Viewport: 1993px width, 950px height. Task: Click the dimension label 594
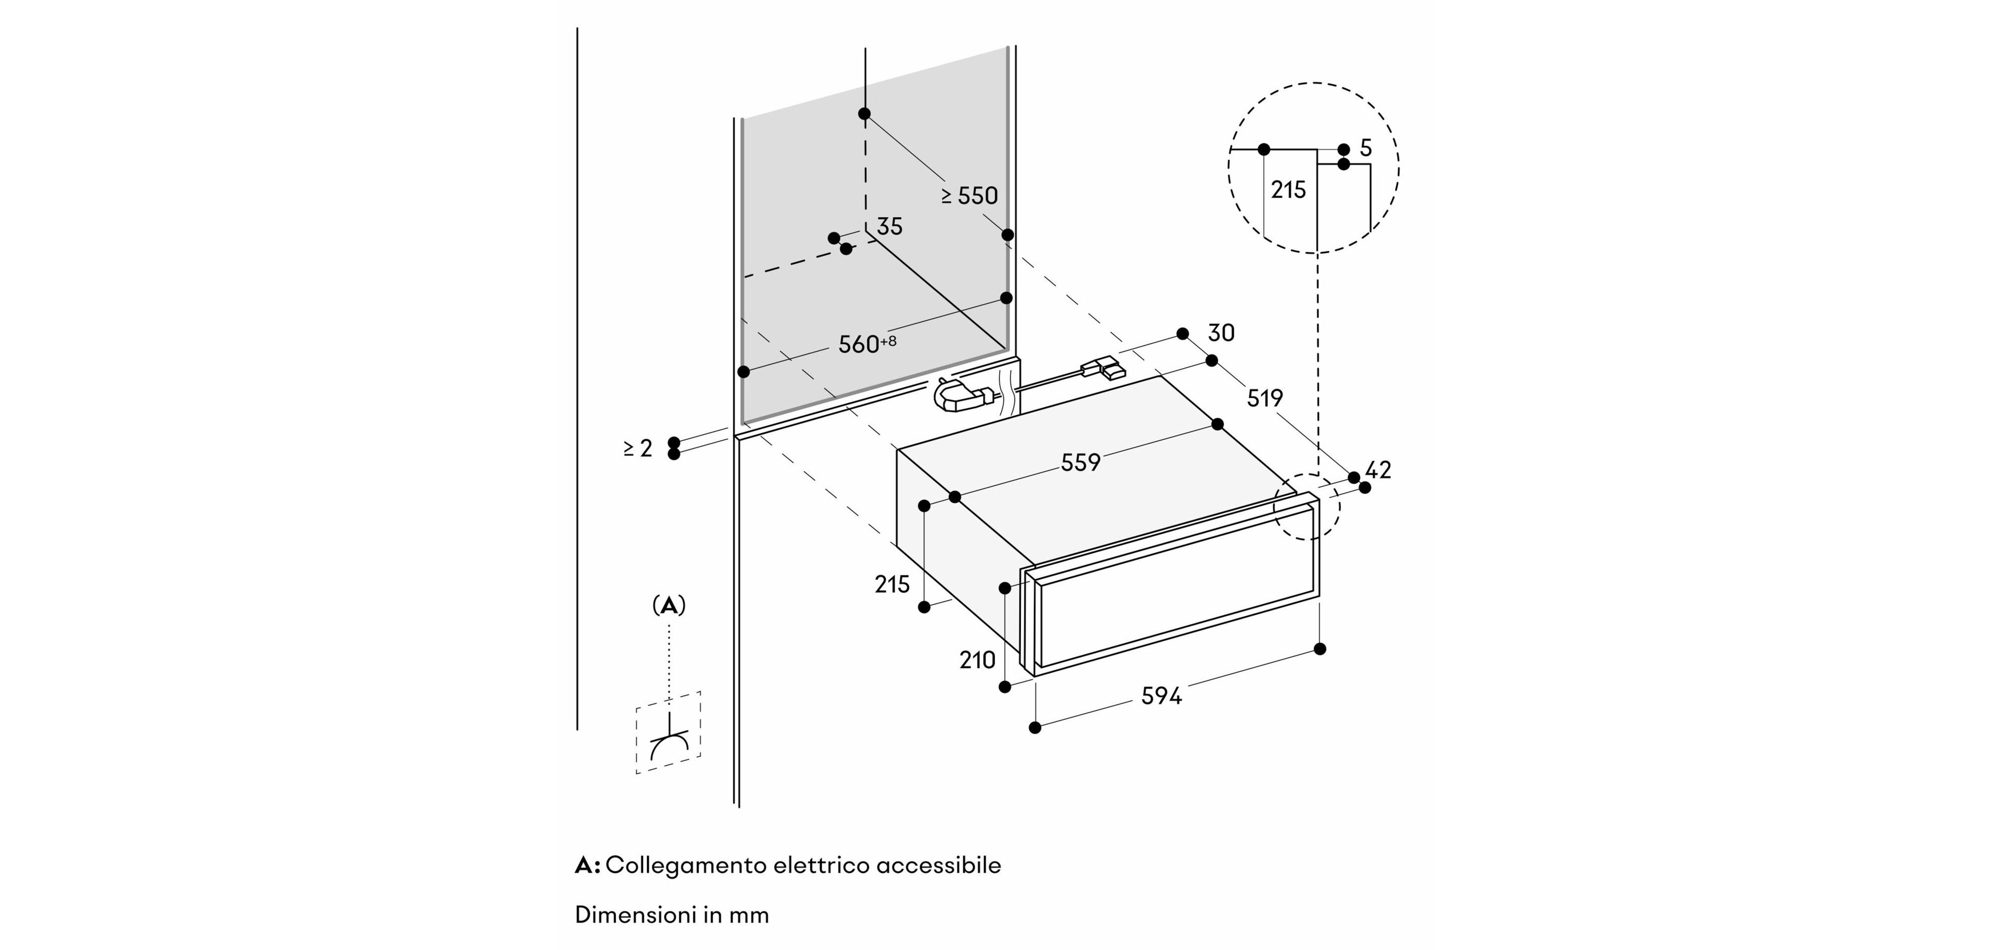[1162, 696]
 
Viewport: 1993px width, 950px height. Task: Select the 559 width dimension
[1080, 463]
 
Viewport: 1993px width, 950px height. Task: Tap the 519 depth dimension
[1264, 398]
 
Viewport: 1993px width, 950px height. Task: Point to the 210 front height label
[977, 660]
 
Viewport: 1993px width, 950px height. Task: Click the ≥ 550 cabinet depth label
[970, 196]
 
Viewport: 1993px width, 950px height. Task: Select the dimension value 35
[890, 227]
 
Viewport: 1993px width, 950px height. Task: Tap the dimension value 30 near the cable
[1221, 333]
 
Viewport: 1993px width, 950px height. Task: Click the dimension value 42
[1378, 470]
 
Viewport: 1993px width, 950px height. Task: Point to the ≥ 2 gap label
[638, 448]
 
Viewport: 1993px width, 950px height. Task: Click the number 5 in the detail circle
[1366, 148]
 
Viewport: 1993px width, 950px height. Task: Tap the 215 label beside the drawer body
[892, 584]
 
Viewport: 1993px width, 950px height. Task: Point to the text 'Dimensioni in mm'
[672, 915]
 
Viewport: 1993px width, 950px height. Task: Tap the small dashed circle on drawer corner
[1307, 507]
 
